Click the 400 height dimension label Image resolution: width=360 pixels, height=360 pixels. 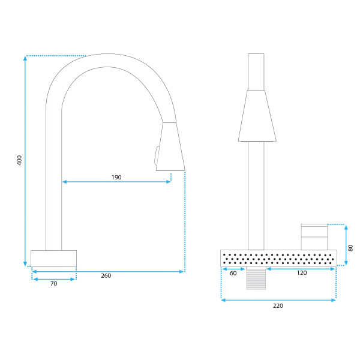point(20,160)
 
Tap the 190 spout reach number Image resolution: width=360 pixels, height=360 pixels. point(116,177)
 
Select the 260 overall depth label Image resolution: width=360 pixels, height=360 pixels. point(106,275)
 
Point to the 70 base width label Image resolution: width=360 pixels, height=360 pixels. point(54,284)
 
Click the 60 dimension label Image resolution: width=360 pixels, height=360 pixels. point(233,273)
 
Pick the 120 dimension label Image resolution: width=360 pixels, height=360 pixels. point(302,273)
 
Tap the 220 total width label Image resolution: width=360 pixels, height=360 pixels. point(278,306)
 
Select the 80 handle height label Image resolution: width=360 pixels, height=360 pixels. point(350,248)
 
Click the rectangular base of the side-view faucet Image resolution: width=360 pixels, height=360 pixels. point(54,259)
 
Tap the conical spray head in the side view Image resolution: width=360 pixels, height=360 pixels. point(171,146)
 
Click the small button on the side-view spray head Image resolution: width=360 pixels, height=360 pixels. point(157,155)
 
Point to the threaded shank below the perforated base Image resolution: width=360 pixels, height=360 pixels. point(256,278)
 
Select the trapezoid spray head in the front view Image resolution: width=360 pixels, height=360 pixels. point(257,116)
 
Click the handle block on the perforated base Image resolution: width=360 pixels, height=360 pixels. point(314,237)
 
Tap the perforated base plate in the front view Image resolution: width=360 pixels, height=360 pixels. point(279,258)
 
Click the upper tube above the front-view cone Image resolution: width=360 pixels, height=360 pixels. point(256,72)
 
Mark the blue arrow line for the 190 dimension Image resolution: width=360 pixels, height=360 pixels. point(116,182)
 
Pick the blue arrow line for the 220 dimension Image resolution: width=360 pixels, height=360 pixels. point(278,300)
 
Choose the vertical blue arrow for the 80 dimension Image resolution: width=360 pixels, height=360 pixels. point(346,245)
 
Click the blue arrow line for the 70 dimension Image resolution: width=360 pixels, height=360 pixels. point(54,279)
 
